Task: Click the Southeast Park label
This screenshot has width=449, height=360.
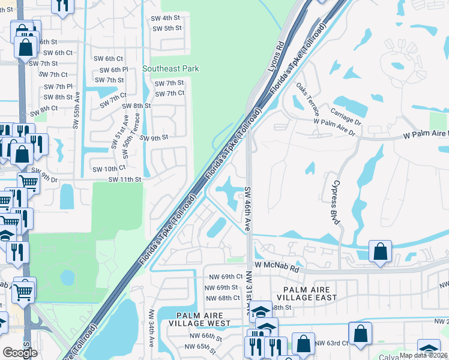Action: tap(170, 69)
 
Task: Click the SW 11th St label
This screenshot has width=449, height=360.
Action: tap(125, 179)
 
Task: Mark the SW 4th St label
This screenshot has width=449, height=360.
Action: tap(167, 18)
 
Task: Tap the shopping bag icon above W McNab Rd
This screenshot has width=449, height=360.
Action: tap(381, 251)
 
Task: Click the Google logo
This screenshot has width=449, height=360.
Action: tap(20, 353)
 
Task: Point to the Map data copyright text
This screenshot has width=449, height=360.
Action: tap(424, 355)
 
